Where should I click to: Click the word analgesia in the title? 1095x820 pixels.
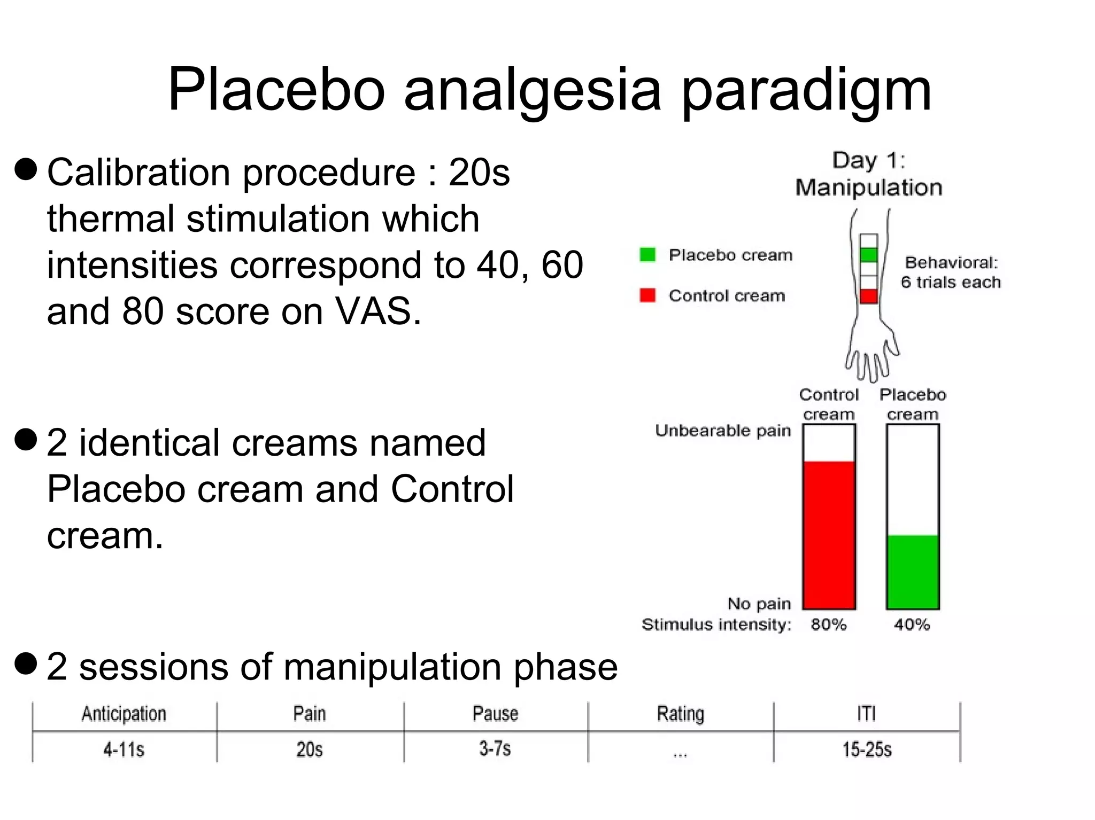533,91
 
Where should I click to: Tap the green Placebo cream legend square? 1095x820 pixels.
647,255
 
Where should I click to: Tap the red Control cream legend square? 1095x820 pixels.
647,295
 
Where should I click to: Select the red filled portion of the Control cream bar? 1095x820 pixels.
829,534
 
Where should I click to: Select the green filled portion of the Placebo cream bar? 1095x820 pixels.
913,572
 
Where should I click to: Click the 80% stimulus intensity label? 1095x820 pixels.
828,624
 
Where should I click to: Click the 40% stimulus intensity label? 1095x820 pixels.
912,624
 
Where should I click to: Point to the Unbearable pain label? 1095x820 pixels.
723,431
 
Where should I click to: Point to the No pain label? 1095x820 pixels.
759,604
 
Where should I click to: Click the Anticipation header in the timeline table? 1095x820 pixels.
124,714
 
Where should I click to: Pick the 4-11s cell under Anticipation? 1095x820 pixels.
124,749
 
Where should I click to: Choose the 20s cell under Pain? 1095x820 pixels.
310,749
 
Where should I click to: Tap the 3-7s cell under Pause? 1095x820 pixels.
495,748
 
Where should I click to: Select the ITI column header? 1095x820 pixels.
867,714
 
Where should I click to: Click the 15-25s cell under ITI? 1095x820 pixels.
867,749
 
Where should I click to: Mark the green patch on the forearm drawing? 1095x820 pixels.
869,255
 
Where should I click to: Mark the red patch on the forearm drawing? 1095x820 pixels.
869,296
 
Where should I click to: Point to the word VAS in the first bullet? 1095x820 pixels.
377,311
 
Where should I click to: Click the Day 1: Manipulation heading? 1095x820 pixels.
868,174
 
